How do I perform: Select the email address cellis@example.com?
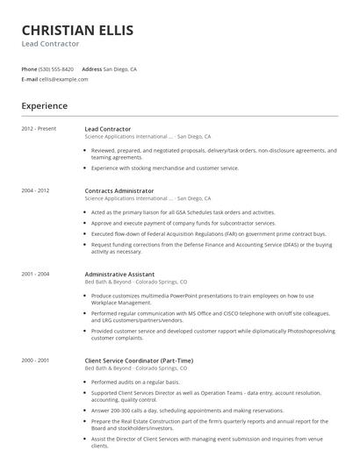[63, 79]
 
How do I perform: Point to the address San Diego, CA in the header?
[120, 68]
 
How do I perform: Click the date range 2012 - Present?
[39, 129]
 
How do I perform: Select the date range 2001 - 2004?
[35, 274]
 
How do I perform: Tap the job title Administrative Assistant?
[119, 274]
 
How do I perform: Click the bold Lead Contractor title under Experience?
[108, 129]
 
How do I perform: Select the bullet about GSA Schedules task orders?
[183, 212]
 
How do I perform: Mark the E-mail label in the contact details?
[29, 79]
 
